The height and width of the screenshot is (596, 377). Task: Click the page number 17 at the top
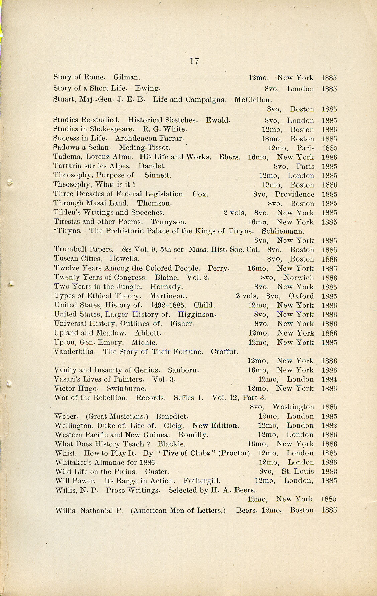pyautogui.click(x=194, y=61)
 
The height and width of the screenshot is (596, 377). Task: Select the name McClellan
pyautogui.click(x=253, y=99)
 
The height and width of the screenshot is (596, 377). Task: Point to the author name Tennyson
pyautogui.click(x=168, y=222)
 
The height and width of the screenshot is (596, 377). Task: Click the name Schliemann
pyautogui.click(x=283, y=231)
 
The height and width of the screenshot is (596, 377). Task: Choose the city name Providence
pyautogui.click(x=295, y=194)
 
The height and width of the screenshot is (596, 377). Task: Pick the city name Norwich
pyautogui.click(x=298, y=278)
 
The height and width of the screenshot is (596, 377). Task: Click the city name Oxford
pyautogui.click(x=301, y=296)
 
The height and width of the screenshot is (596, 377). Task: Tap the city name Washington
pyautogui.click(x=293, y=407)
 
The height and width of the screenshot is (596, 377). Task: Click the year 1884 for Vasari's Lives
pyautogui.click(x=329, y=380)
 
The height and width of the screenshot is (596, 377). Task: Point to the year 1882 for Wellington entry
pyautogui.click(x=329, y=426)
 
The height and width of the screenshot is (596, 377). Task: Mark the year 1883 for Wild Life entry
pyautogui.click(x=329, y=472)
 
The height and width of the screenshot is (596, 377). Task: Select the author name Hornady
pyautogui.click(x=166, y=287)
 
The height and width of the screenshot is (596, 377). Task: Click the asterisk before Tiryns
pyautogui.click(x=55, y=230)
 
